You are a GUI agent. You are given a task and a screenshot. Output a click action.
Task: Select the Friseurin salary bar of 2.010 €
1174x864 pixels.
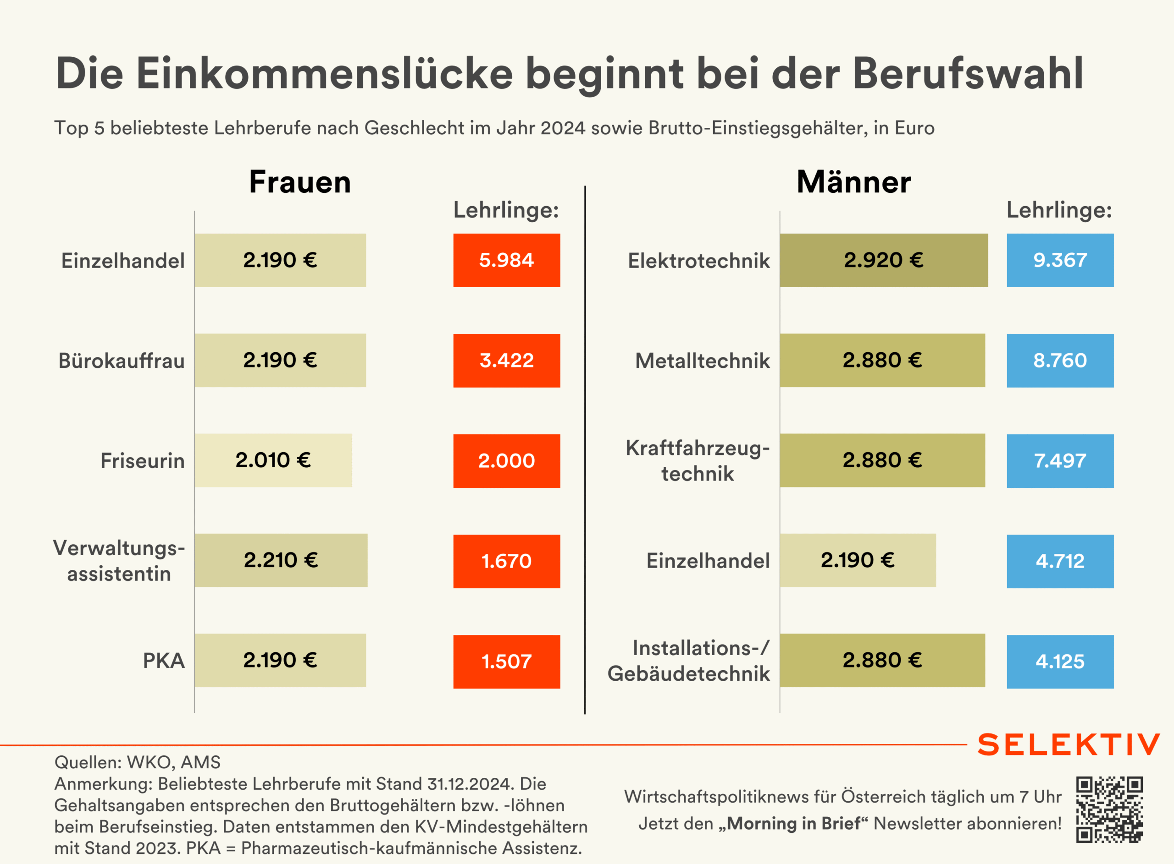273,460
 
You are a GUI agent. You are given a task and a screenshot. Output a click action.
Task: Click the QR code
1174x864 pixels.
1109,809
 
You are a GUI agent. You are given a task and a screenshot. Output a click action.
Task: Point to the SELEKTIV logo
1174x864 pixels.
1068,744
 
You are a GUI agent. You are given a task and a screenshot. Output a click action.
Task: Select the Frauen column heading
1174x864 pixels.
300,182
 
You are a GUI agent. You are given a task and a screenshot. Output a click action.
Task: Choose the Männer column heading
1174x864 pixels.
854,182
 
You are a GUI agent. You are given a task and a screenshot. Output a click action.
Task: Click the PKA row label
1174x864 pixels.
164,661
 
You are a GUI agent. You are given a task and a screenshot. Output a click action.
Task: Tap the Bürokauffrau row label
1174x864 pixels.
122,361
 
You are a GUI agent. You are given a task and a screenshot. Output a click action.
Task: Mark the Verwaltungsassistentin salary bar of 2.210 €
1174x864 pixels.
281,560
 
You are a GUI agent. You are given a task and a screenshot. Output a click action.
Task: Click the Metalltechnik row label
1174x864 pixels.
703,361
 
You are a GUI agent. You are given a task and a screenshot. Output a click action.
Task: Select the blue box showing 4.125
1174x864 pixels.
1060,662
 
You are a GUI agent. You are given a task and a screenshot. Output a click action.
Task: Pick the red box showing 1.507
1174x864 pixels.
506,662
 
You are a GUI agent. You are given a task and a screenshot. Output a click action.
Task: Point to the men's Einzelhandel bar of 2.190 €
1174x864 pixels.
857,560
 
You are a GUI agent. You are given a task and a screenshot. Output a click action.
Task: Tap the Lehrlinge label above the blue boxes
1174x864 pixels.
1059,210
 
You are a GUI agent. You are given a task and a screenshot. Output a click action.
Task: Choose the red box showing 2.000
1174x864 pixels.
506,461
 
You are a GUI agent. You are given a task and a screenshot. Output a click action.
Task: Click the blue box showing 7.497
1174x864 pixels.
1060,461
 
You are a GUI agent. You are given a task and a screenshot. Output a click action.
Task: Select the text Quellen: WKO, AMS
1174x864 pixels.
138,762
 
